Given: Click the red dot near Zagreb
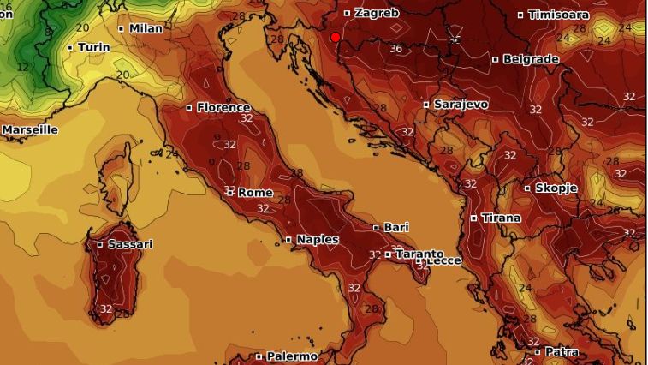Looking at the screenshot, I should coord(335,37).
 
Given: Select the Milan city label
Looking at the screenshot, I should coord(146,28).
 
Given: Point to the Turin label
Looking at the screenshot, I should coord(93,47).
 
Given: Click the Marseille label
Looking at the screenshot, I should coord(29,129).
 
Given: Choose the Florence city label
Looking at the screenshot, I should coord(223,107).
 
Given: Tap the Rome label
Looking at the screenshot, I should coord(254,192).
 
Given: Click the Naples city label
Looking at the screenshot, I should coord(317,239).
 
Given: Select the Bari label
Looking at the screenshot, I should coord(395,227).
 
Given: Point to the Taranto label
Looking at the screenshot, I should coord(419,254).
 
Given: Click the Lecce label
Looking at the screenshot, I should coord(443,260).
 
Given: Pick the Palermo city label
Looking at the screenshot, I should coord(291,356).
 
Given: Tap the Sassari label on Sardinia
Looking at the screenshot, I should coord(130,244).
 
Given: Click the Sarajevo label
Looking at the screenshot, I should coord(461,104).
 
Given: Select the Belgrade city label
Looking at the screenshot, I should coord(531,59).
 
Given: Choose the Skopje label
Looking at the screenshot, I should coord(556,188).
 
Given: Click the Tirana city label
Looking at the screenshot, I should coord(501,218).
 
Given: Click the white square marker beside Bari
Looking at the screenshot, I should coord(376,227).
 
